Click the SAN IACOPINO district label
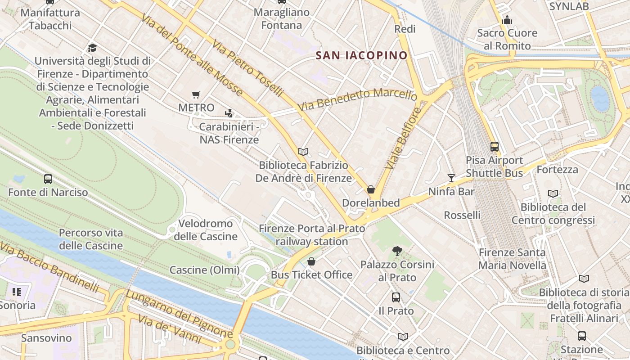click(x=361, y=55)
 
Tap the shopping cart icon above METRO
click(x=196, y=94)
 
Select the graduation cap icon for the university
click(x=92, y=48)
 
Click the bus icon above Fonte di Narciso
click(x=48, y=179)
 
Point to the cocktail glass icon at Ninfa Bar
click(x=451, y=178)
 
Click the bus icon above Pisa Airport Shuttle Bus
click(x=494, y=146)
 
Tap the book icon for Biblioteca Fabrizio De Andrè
click(x=303, y=152)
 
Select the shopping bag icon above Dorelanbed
click(x=371, y=189)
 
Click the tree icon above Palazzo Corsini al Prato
click(x=397, y=251)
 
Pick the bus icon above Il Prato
click(x=396, y=297)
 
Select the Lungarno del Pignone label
click(x=179, y=314)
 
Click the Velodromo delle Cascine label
click(x=206, y=230)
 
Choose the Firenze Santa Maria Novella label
click(x=512, y=259)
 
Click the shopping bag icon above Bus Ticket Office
click(x=311, y=261)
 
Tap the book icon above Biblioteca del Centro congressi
click(x=553, y=193)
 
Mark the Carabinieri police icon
click(x=229, y=113)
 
